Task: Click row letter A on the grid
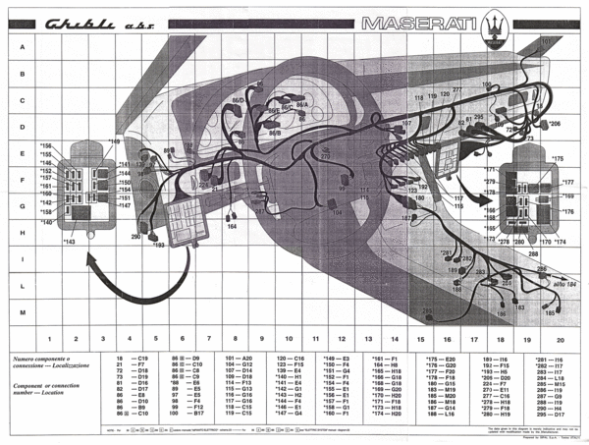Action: click(x=22, y=46)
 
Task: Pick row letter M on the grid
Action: click(x=22, y=310)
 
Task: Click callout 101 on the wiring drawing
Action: click(x=547, y=42)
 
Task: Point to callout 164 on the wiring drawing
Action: click(x=232, y=227)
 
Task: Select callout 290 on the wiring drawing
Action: click(x=136, y=237)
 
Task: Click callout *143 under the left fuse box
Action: click(x=69, y=242)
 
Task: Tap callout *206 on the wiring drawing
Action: click(x=553, y=124)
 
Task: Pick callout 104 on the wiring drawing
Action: click(x=337, y=212)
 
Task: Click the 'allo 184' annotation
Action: click(x=562, y=285)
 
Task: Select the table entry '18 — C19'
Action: click(x=133, y=360)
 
